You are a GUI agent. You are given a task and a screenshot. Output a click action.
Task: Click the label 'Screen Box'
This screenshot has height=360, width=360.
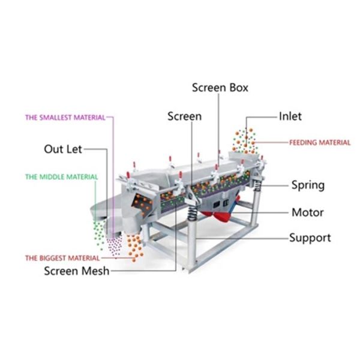(x=220, y=88)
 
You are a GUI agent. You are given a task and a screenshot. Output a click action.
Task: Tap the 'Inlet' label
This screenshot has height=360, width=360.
(x=290, y=116)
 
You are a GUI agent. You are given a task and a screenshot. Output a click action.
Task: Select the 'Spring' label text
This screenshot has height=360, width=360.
(x=307, y=185)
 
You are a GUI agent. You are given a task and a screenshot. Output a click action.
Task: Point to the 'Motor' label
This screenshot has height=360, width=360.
(x=307, y=212)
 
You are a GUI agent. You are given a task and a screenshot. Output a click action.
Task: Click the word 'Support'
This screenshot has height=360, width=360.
(x=310, y=238)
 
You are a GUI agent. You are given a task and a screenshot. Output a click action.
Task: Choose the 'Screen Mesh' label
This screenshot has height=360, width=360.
(x=77, y=271)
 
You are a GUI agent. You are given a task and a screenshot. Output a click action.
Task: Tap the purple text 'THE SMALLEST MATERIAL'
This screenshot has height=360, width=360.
(x=65, y=118)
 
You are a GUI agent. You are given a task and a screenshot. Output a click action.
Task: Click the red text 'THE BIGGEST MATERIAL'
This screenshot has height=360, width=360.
(x=62, y=258)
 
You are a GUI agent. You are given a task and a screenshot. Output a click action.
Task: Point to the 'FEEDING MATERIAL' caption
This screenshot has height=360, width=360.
(x=319, y=143)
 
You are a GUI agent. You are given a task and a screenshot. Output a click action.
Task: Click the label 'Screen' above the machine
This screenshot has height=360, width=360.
(x=184, y=116)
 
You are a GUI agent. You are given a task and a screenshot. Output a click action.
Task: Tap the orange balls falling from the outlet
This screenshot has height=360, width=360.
(x=136, y=243)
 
